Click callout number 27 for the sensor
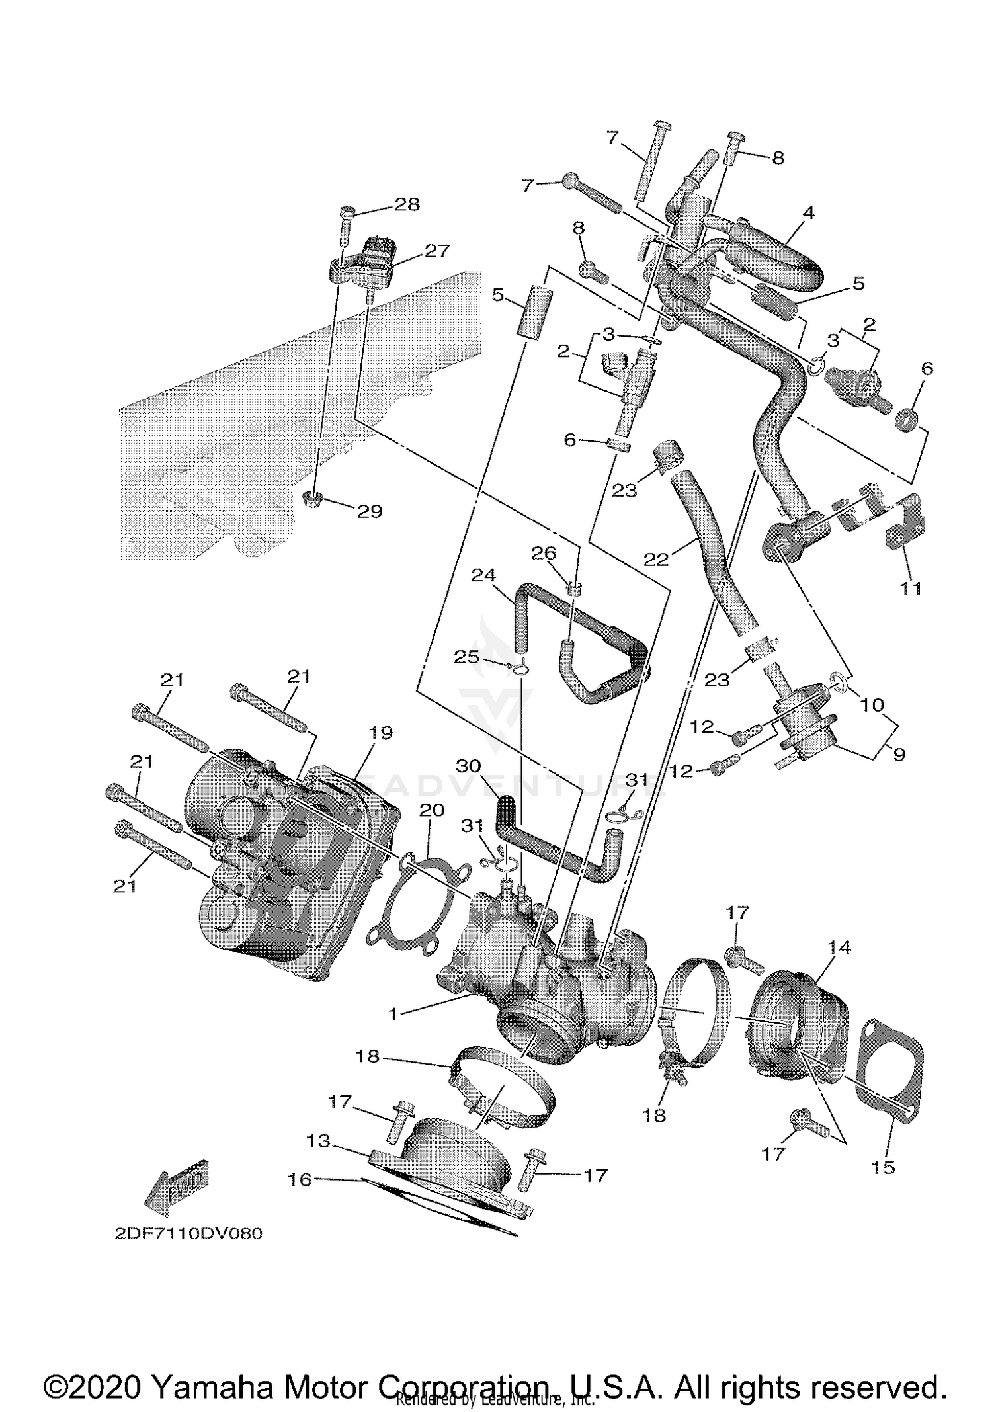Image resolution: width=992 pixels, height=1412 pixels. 437,251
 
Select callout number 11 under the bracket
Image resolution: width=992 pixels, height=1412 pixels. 911,588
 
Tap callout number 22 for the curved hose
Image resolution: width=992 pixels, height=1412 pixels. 656,560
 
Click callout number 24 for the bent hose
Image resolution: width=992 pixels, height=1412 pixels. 483,575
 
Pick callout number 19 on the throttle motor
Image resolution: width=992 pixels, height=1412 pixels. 381,733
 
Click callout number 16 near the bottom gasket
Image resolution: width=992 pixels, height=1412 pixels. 300,1180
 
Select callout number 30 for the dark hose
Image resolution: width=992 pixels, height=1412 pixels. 468,766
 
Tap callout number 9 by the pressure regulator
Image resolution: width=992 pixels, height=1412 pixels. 898,753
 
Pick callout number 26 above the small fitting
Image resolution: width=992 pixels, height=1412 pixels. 544,553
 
